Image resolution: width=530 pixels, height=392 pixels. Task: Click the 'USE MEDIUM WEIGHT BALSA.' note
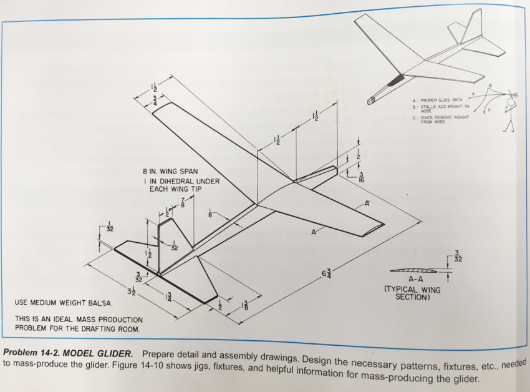[63, 303]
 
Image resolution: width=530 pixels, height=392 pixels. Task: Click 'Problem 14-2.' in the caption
[32, 345]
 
